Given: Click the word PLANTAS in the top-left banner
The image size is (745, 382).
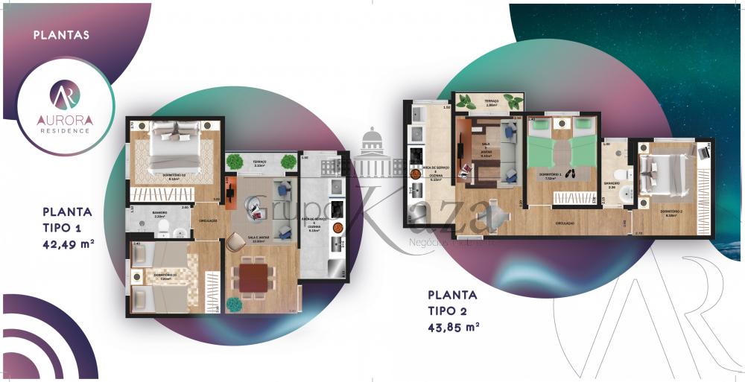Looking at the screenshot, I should point(62,34).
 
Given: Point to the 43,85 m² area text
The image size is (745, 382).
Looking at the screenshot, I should point(453,325).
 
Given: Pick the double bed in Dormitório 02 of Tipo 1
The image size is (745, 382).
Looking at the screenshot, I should point(175,147).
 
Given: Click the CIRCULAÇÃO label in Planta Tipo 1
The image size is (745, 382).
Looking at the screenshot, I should point(208,220).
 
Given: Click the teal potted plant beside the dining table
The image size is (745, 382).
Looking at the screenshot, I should point(235,304).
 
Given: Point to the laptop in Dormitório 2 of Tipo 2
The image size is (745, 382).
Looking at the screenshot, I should point(703,151).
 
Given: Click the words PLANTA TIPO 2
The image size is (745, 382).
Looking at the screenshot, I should point(453,302).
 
